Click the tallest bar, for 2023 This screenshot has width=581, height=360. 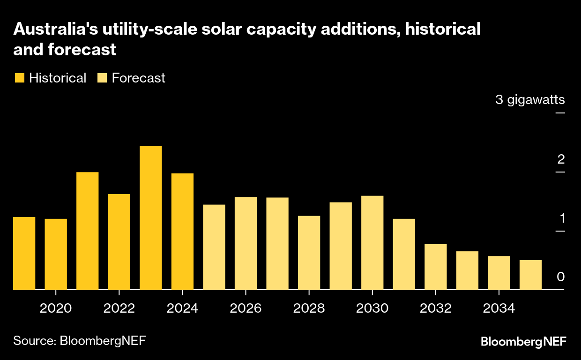(x=151, y=218)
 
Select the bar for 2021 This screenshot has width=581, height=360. (x=88, y=231)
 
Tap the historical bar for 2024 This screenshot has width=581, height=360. (x=182, y=232)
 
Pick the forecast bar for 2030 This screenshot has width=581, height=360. (x=372, y=243)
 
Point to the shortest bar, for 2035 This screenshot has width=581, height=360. (x=530, y=275)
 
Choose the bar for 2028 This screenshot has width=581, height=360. (x=309, y=253)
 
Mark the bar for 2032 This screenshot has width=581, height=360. (x=436, y=267)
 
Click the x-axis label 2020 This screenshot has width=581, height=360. (x=56, y=308)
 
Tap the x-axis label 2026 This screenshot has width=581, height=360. (x=246, y=308)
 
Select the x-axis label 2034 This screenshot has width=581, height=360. (x=499, y=308)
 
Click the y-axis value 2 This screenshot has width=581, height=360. (x=561, y=159)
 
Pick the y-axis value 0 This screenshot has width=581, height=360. (x=561, y=277)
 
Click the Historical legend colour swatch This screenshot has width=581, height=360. (x=19, y=78)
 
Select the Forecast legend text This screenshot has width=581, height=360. (x=139, y=78)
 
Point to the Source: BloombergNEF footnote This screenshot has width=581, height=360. (x=79, y=340)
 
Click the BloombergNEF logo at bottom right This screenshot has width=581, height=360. (x=523, y=342)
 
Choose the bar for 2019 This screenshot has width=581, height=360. (x=24, y=253)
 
